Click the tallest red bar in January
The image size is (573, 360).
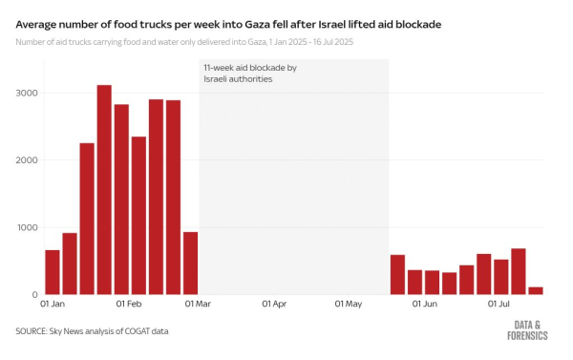(104, 191)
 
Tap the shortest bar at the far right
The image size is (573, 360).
(536, 290)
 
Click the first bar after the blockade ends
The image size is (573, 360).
(397, 274)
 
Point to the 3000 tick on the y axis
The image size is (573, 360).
(27, 94)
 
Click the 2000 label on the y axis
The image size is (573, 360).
(27, 160)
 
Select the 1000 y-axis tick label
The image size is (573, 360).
(27, 227)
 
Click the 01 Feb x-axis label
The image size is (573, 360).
(128, 306)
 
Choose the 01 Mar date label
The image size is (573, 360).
(198, 306)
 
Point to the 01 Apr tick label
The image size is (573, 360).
(274, 306)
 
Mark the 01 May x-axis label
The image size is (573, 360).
(349, 306)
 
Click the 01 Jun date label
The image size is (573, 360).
(425, 306)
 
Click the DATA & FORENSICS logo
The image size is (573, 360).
(527, 329)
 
